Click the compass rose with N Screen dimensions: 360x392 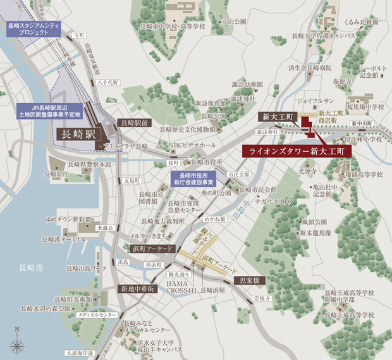(18, 345)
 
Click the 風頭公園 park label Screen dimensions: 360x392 (314, 222)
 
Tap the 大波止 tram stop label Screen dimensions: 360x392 (106, 227)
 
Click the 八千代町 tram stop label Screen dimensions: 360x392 (109, 82)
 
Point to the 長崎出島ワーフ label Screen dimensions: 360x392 (83, 269)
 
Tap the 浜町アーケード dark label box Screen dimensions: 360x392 (152, 249)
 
